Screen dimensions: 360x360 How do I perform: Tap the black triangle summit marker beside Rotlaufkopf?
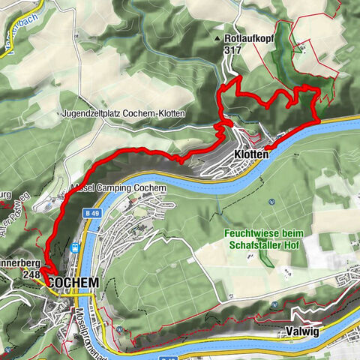pyautogui.click(x=218, y=37)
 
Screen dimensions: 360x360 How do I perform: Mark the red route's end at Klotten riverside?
pyautogui.click(x=319, y=119)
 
